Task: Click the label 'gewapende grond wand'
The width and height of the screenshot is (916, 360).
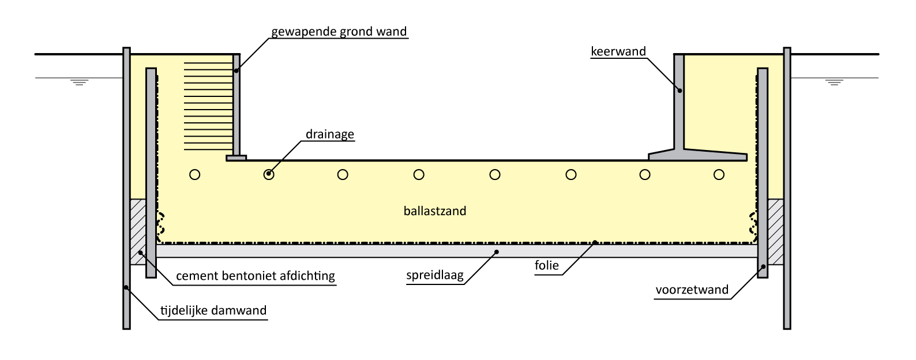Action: tap(339, 31)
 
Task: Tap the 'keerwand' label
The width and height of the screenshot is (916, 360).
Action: tap(618, 51)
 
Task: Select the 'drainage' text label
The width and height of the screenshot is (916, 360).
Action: tap(329, 134)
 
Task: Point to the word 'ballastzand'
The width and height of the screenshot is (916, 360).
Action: tap(435, 211)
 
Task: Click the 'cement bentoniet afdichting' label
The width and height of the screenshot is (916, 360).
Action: tap(255, 276)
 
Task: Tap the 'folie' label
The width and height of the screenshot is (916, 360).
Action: tap(547, 266)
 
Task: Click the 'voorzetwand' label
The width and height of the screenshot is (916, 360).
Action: tap(692, 290)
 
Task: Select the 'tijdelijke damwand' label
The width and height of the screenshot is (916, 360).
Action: tap(213, 310)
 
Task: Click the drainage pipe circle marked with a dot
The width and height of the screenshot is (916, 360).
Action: tap(269, 174)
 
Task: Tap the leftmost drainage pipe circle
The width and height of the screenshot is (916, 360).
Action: tap(195, 174)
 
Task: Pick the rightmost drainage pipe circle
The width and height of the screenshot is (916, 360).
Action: tap(718, 174)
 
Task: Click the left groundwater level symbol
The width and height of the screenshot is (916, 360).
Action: tap(78, 81)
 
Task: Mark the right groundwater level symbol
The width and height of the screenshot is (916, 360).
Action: tap(834, 81)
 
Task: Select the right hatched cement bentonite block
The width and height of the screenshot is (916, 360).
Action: tap(775, 232)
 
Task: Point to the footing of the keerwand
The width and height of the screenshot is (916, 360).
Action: tap(697, 155)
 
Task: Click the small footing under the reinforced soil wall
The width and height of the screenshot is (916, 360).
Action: tap(236, 157)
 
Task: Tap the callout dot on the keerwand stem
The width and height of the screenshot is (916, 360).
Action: tap(680, 90)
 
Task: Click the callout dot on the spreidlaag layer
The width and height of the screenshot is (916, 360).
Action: tap(498, 252)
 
